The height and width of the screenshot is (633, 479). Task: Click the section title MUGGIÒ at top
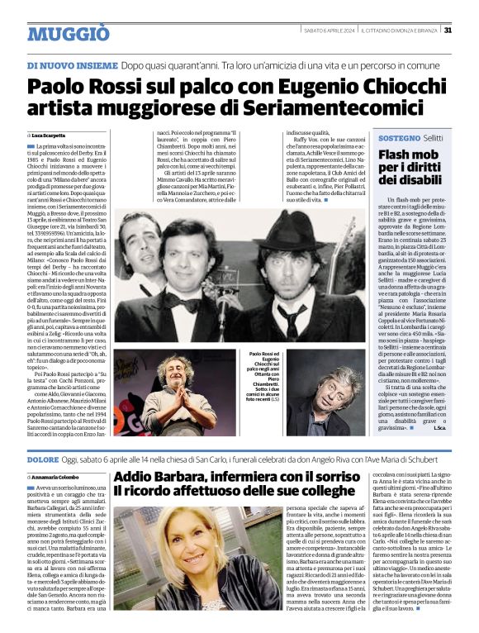point(68,34)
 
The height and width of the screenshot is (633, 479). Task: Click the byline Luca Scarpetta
point(50,135)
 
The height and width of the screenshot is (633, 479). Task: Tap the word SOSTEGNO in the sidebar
point(400,139)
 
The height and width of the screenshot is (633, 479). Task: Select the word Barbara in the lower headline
point(170,477)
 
